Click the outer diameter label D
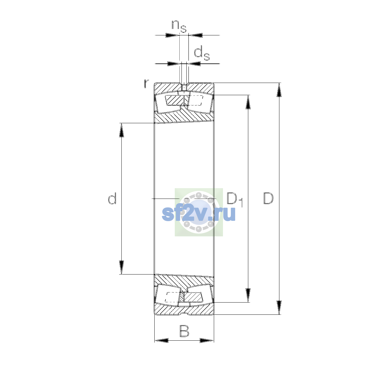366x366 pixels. pos(268,198)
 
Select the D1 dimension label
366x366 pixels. pos(235,199)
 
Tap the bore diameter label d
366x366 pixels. pos(112,198)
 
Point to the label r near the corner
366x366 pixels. pos(146,84)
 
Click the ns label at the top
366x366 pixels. pos(179,27)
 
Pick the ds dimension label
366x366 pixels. pos(202,54)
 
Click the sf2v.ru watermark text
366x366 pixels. pos(199,214)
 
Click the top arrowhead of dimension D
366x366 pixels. pos(279,90)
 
